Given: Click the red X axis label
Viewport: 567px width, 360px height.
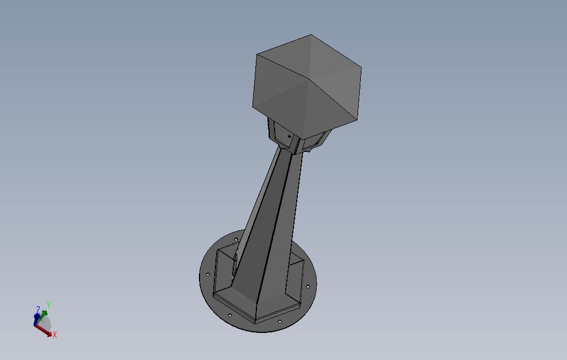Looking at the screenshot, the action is click(55, 335).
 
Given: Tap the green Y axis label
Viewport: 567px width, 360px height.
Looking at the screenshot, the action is click(48, 306).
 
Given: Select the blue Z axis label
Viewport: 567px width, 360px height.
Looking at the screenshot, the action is click(38, 310).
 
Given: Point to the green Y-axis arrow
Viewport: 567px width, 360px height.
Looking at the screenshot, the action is click(42, 315).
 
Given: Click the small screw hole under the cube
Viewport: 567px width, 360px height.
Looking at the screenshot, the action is click(290, 136).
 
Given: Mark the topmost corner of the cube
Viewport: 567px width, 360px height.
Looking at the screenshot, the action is click(311, 35).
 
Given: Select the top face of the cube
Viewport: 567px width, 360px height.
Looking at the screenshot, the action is click(307, 59).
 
